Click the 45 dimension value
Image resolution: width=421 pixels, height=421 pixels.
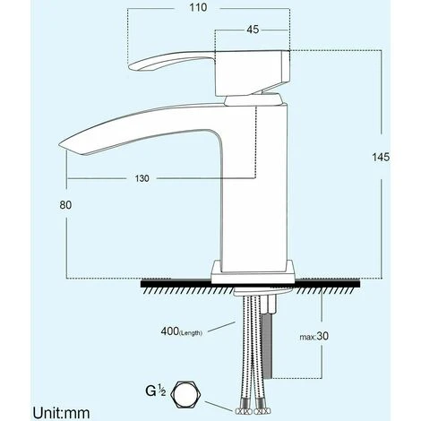point(253,29)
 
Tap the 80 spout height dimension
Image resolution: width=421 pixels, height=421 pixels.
point(64,204)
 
